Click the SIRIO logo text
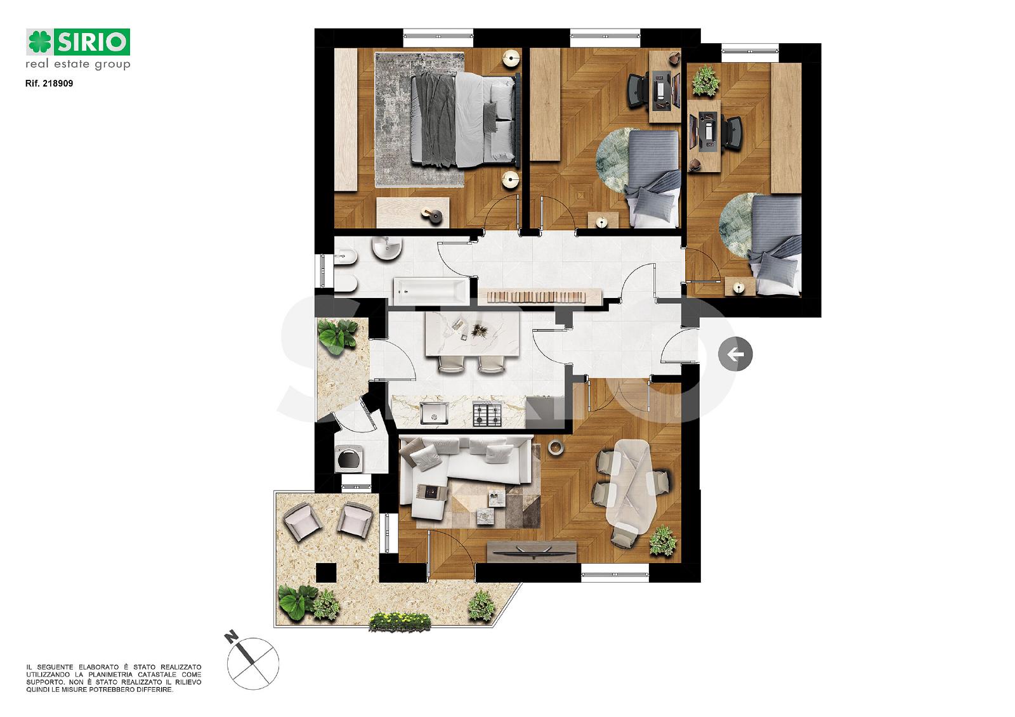click(92, 42)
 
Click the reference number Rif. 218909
click(49, 83)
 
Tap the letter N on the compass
click(232, 637)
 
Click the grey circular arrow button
click(735, 354)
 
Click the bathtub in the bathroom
click(430, 291)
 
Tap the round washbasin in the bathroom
click(386, 249)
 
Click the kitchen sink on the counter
click(434, 413)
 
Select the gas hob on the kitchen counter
click(488, 413)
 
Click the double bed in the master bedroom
click(465, 119)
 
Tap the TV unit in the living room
click(532, 552)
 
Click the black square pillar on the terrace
click(326, 572)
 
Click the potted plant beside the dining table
click(663, 541)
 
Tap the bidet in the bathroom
click(346, 258)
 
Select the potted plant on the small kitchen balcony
click(337, 335)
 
